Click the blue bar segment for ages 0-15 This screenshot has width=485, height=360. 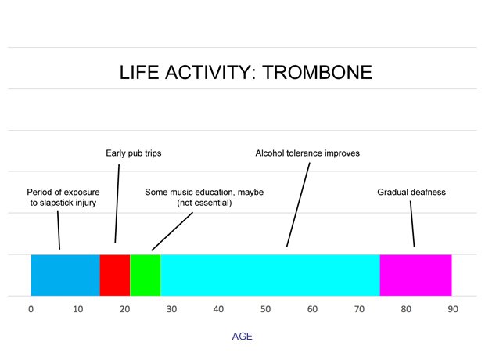[65, 275]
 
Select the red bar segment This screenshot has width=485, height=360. [115, 275]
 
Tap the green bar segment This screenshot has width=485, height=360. [145, 275]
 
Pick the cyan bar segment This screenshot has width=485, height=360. [270, 275]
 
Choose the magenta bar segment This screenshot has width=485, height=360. [415, 275]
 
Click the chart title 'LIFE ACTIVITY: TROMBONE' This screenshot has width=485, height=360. [246, 73]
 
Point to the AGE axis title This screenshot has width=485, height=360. [242, 337]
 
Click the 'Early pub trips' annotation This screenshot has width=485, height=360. [134, 153]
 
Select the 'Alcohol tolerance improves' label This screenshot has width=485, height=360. [307, 153]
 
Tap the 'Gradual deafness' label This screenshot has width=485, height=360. [411, 192]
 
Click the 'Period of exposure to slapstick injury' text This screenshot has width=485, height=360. [63, 197]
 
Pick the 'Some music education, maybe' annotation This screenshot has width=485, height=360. [205, 192]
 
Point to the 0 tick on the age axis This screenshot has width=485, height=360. [31, 308]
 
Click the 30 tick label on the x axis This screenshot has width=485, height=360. [171, 308]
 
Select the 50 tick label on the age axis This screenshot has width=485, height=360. [265, 308]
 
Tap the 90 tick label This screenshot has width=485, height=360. [453, 308]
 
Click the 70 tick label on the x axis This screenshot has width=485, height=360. [359, 308]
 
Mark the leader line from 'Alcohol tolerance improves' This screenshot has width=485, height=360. [299, 203]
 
